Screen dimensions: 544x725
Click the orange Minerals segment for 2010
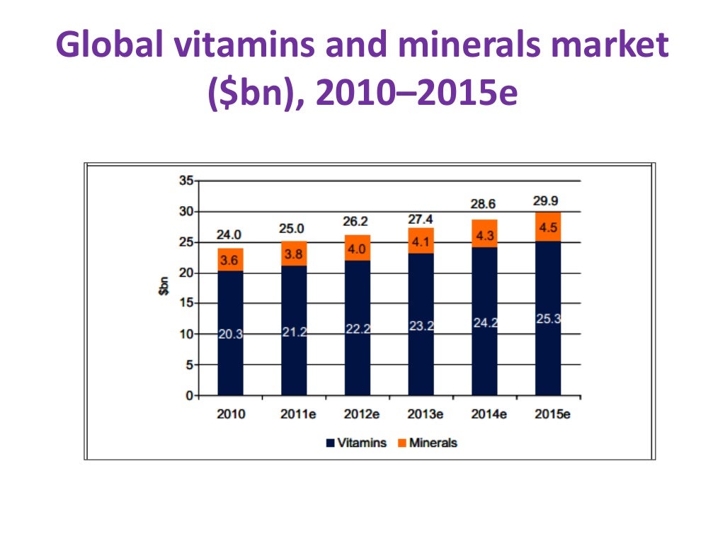230,260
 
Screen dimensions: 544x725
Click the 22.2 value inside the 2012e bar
358,329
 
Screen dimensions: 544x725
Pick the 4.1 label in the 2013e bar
421,241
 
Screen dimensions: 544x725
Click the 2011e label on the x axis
294,414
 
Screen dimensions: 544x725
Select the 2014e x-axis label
484,414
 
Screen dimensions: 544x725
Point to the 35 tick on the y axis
185,181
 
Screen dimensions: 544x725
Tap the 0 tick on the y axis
188,395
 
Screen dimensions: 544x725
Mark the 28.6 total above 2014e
484,204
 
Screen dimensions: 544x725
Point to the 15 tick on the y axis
185,303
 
